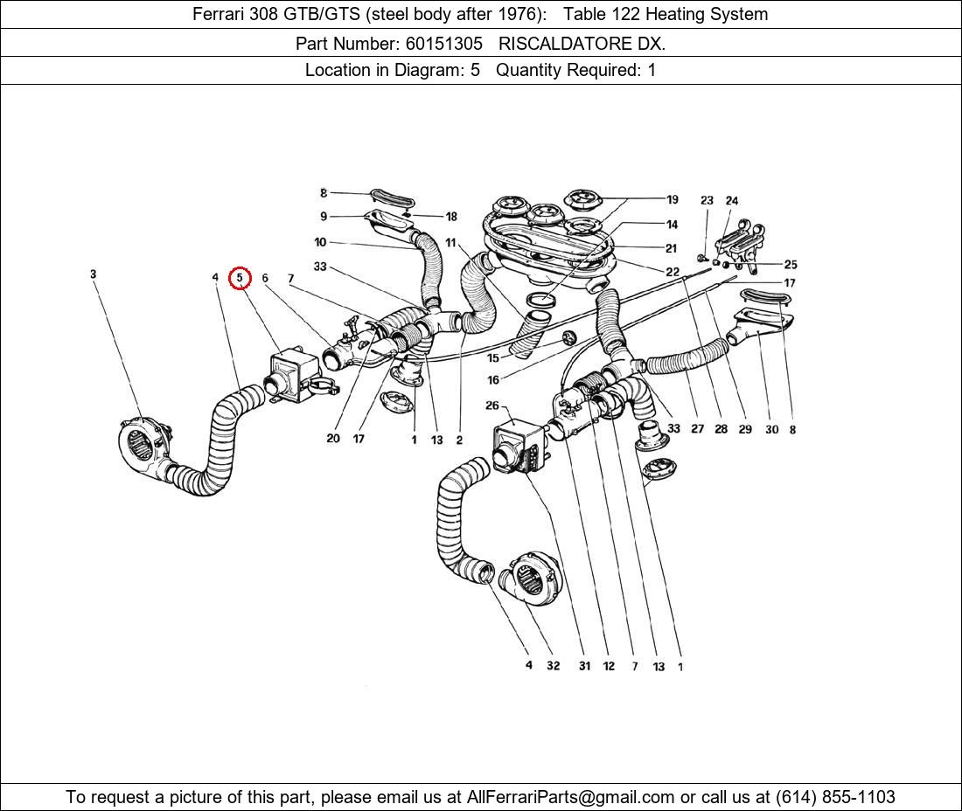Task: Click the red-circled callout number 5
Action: point(240,278)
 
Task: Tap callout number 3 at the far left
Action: point(93,274)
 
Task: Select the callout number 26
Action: point(492,405)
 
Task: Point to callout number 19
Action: point(672,199)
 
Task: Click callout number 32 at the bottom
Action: point(553,666)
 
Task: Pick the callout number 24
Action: point(731,201)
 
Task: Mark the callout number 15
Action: point(493,358)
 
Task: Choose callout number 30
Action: point(770,429)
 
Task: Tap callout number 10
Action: point(320,242)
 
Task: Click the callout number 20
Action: point(332,438)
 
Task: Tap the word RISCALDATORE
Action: point(561,42)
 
